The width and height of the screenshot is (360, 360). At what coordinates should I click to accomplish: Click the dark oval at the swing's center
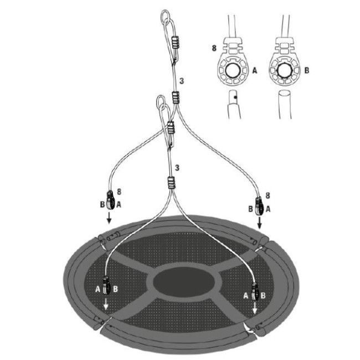click(x=184, y=281)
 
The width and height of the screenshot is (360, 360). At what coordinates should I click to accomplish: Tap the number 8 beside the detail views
click(x=214, y=48)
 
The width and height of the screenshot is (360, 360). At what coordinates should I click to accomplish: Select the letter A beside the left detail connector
click(x=255, y=70)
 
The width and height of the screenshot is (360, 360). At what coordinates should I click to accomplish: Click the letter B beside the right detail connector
click(x=307, y=70)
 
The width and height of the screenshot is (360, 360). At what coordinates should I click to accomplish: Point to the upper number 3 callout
click(x=182, y=81)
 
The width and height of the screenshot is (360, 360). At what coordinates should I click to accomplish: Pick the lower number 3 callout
click(x=177, y=168)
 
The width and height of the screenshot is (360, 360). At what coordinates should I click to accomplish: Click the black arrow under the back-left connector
click(x=109, y=218)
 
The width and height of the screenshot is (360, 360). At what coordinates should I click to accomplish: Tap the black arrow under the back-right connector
click(x=259, y=223)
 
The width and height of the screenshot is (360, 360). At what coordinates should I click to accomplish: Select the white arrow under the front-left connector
click(x=106, y=304)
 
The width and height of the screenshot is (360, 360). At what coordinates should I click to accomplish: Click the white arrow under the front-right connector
click(x=255, y=307)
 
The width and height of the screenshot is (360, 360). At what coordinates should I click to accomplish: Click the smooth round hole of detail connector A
click(x=233, y=70)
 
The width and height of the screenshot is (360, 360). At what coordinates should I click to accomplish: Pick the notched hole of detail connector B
click(x=285, y=70)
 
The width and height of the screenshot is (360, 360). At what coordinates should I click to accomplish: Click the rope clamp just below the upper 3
click(x=176, y=97)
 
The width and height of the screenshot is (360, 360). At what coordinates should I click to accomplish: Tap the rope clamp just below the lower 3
click(x=171, y=183)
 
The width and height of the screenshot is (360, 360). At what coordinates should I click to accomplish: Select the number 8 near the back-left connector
click(x=119, y=192)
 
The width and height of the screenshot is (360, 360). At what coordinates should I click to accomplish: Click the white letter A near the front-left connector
click(x=98, y=289)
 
